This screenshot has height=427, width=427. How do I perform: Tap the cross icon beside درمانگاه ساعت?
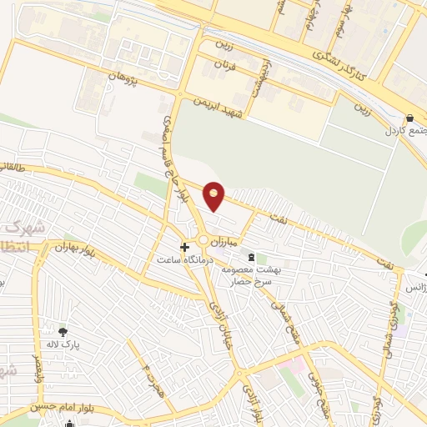[185, 247]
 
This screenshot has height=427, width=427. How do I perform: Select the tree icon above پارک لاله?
[62, 333]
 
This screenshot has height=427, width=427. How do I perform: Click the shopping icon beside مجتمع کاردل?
[409, 118]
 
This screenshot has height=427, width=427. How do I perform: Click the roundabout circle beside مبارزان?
[204, 242]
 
